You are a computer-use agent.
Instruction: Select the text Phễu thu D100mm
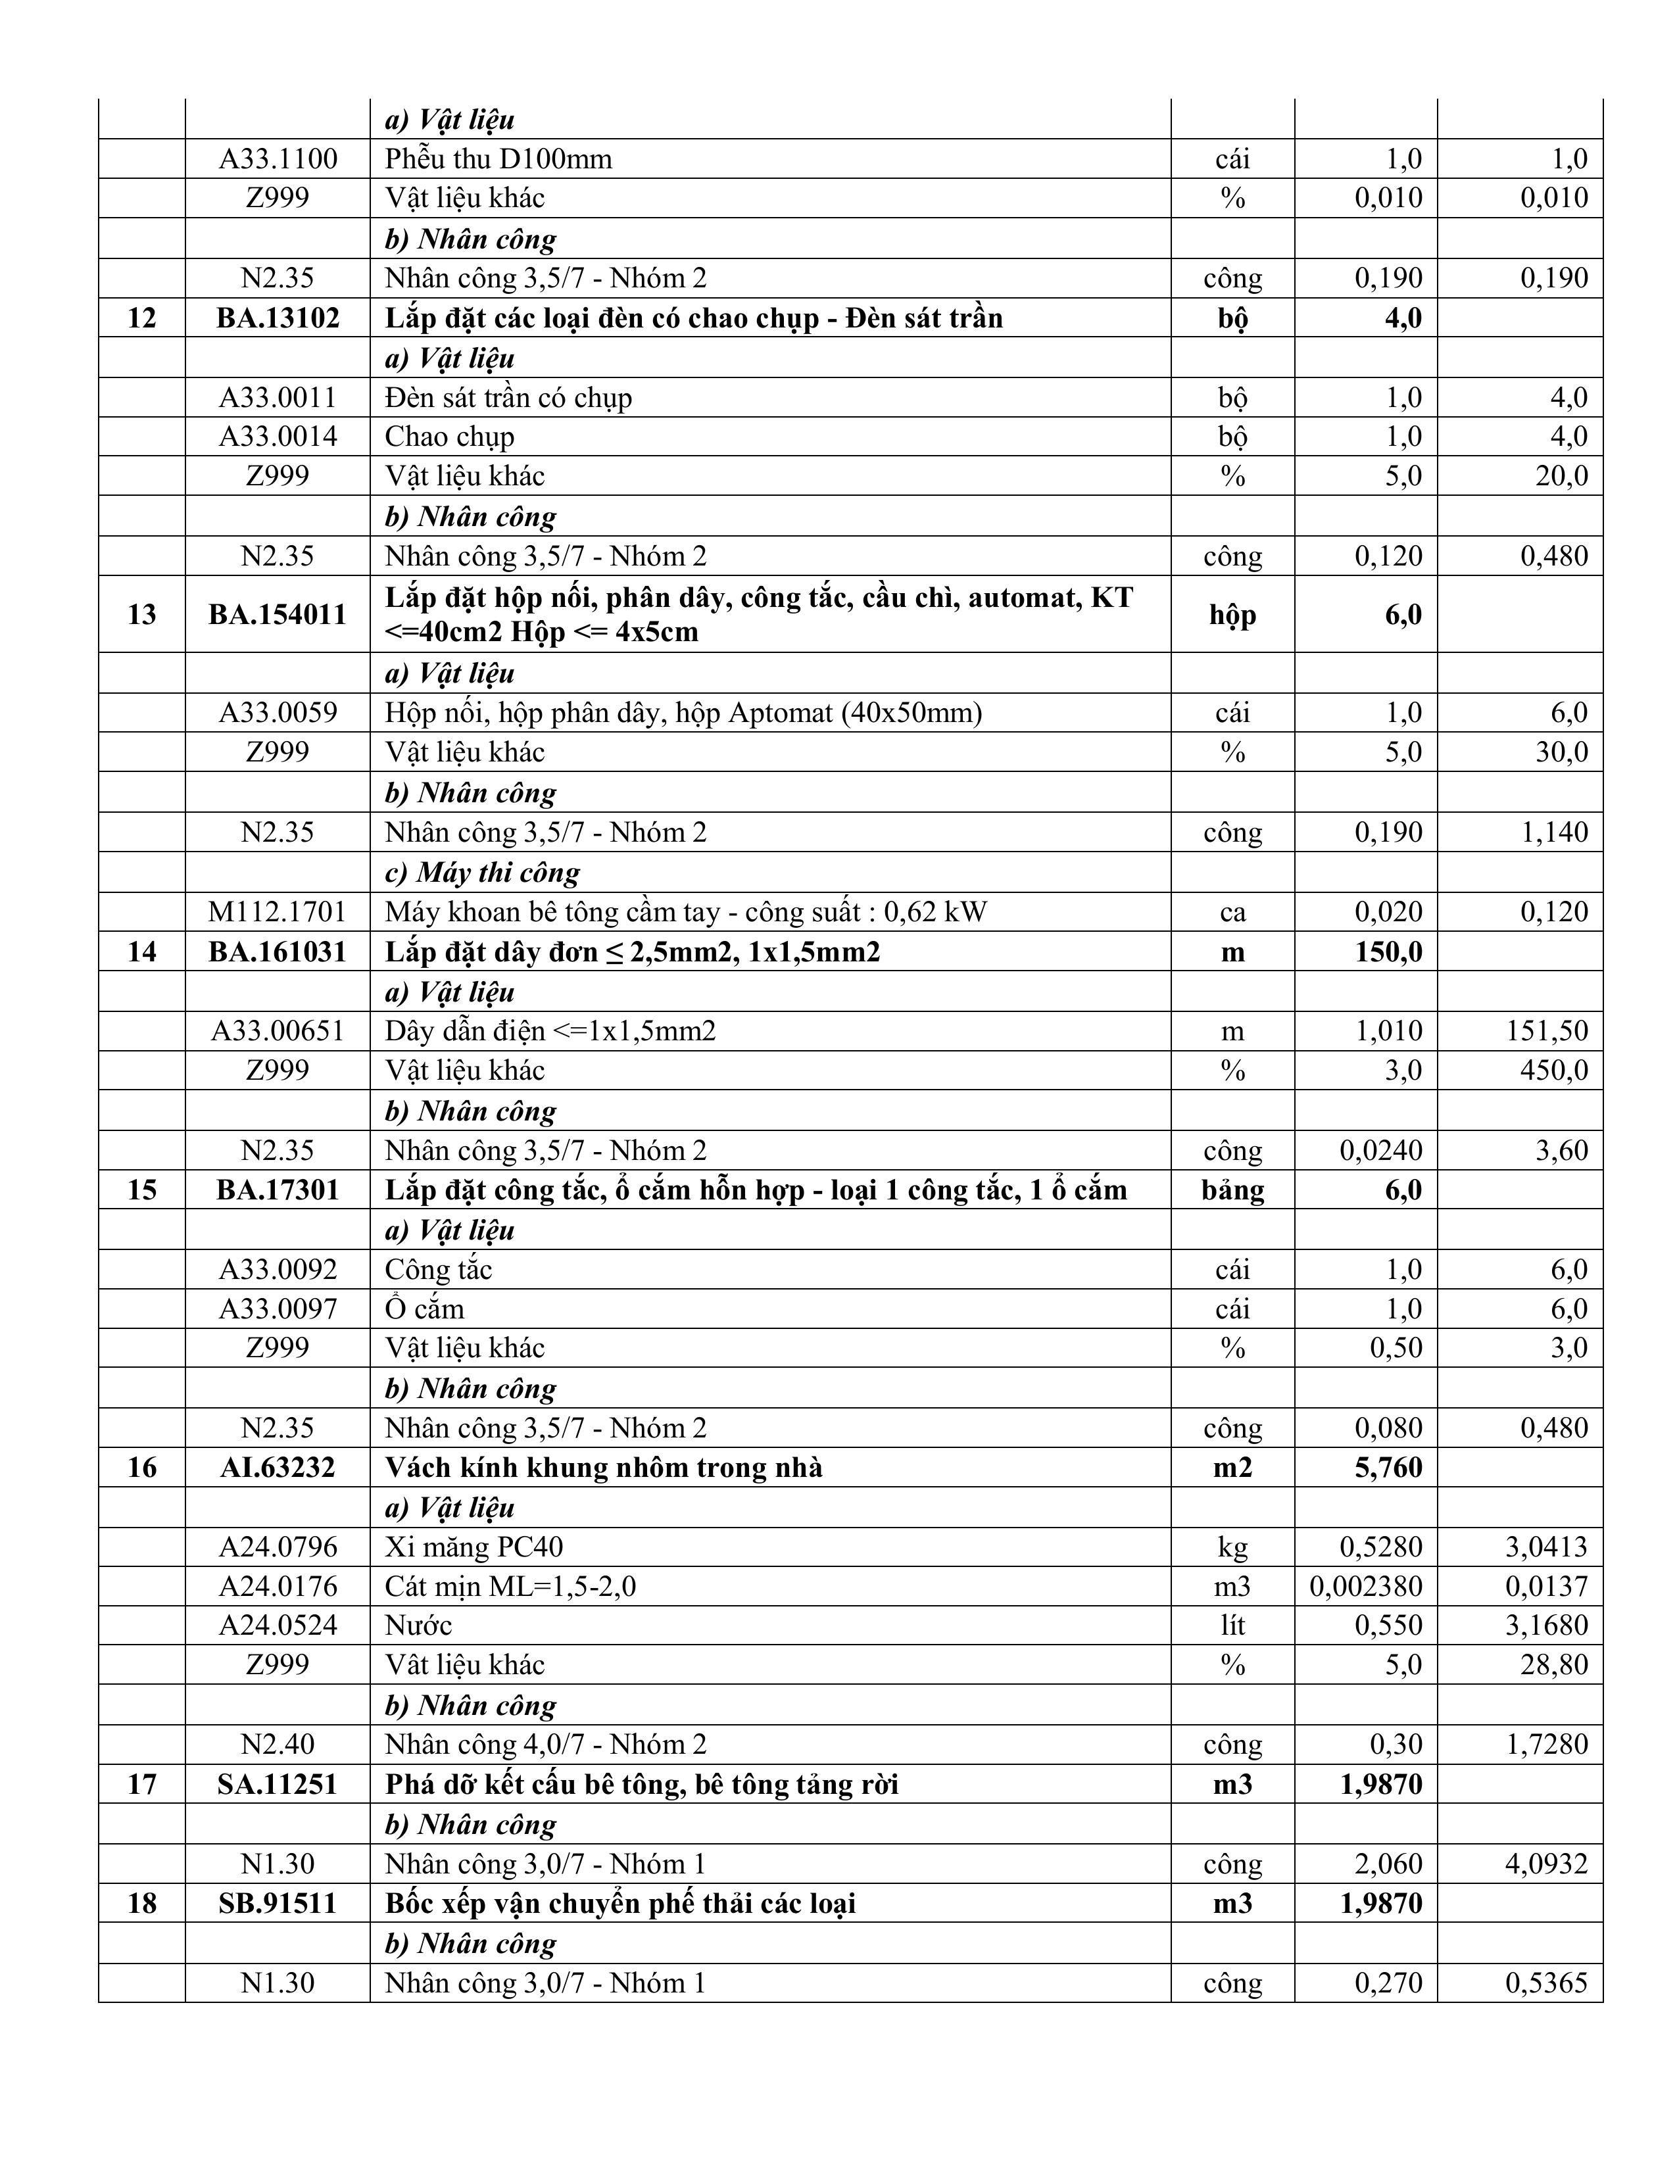pyautogui.click(x=498, y=159)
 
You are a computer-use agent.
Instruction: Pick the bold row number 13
pyautogui.click(x=142, y=614)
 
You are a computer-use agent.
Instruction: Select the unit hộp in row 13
pyautogui.click(x=1232, y=614)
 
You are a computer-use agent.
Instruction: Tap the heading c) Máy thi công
pyautogui.click(x=482, y=873)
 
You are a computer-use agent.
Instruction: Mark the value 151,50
pyautogui.click(x=1547, y=1030)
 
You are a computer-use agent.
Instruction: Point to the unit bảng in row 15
pyautogui.click(x=1232, y=1190)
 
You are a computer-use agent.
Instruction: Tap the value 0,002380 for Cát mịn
pyautogui.click(x=1365, y=1587)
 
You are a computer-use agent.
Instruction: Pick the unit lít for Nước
pyautogui.click(x=1232, y=1626)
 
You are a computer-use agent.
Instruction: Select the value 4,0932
pyautogui.click(x=1546, y=1864)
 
